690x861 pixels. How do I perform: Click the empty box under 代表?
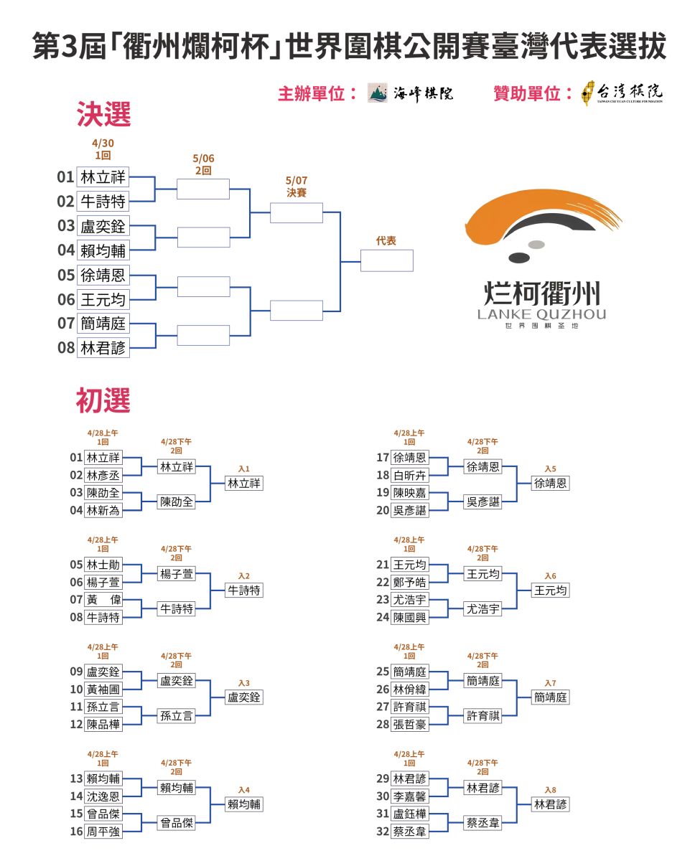point(386,260)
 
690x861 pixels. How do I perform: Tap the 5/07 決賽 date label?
point(297,187)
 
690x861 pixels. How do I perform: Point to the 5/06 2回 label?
point(203,164)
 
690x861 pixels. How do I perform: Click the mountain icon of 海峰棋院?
point(377,93)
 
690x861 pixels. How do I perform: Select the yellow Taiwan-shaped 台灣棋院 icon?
point(587,93)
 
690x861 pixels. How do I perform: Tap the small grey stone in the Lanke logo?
point(536,245)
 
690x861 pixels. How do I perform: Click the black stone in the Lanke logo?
point(519,258)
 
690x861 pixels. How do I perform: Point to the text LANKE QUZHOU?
point(541,314)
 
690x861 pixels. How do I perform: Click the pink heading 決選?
point(103,114)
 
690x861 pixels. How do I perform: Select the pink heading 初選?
point(103,400)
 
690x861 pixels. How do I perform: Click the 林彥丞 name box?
point(103,475)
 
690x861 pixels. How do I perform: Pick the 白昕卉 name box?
point(409,475)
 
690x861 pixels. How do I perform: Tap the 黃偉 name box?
point(103,599)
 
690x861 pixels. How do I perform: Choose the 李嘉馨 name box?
point(409,796)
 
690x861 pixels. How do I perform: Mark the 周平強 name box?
point(103,832)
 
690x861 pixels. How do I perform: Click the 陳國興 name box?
point(409,617)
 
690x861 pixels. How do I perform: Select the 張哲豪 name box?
point(409,724)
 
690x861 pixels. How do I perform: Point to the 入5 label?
point(550,469)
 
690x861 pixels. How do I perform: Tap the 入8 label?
point(550,790)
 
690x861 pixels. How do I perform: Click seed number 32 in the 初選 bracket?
point(383,832)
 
